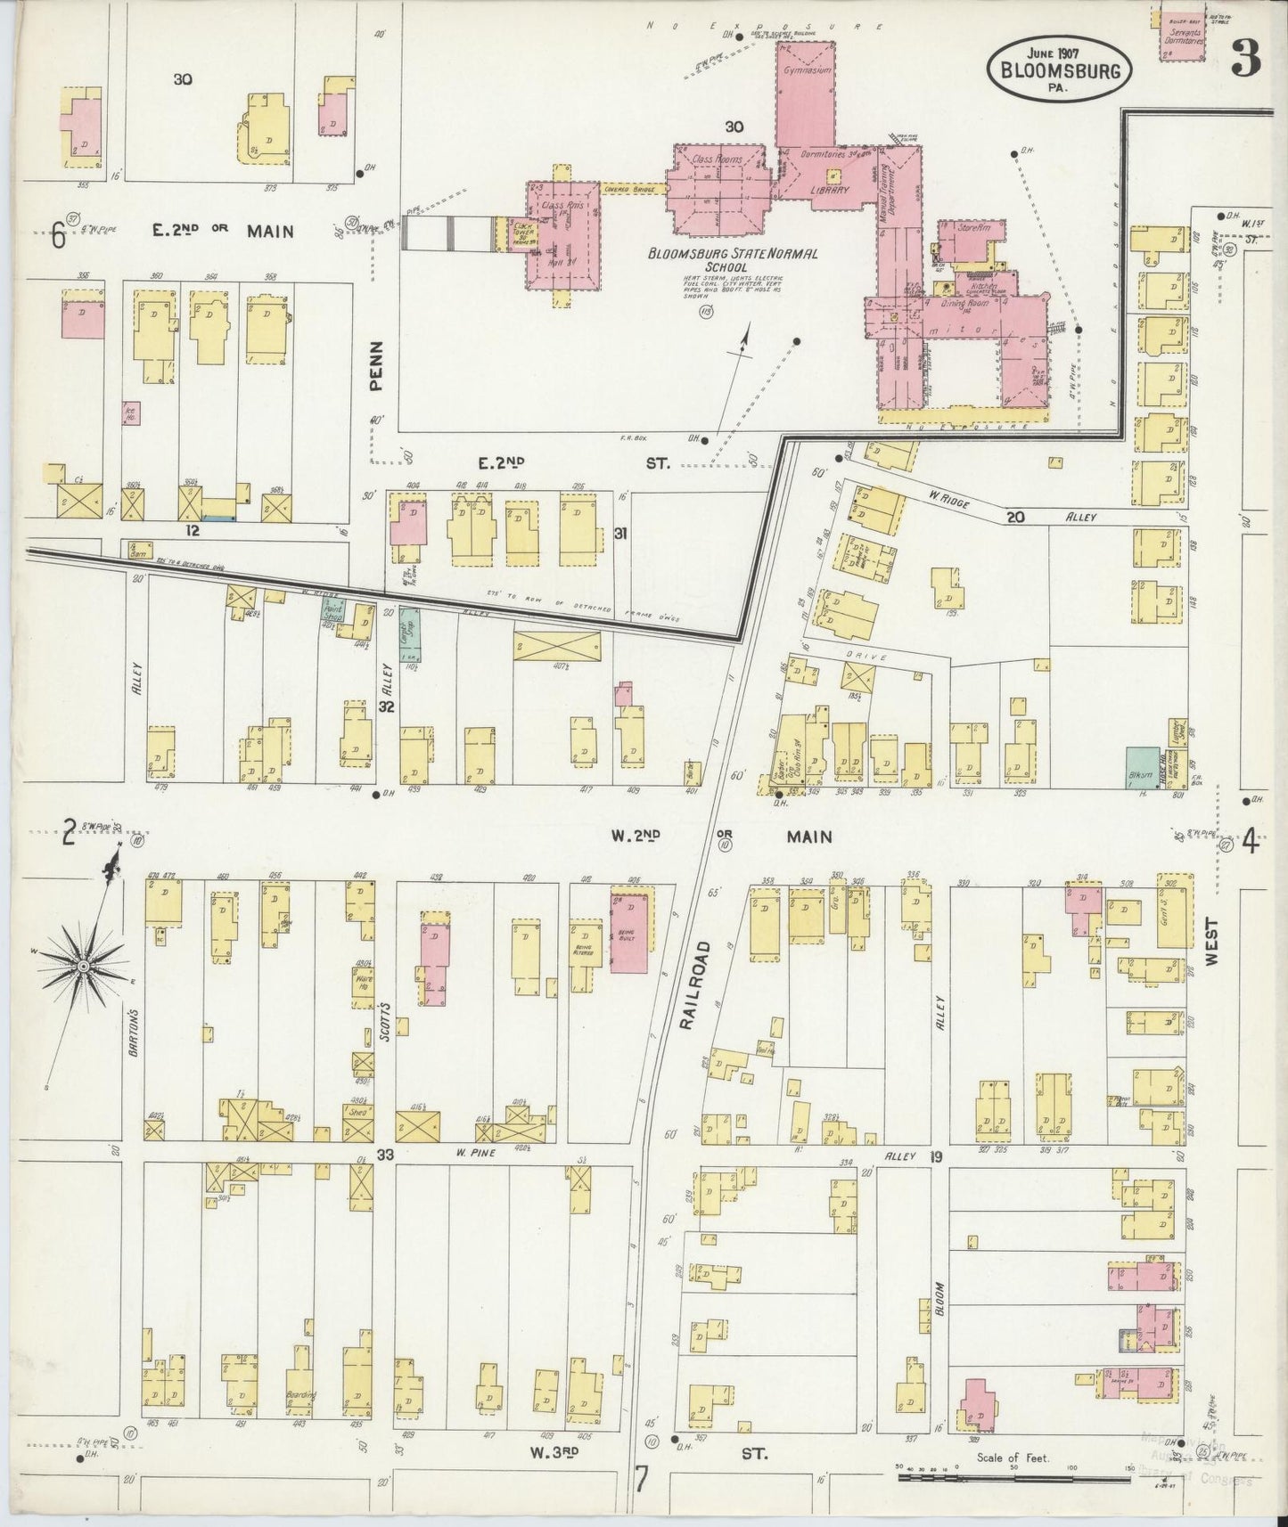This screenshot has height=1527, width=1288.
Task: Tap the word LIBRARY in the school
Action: pos(828,190)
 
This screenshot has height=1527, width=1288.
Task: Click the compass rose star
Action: pos(83,967)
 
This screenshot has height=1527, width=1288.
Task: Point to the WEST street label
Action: pos(1210,944)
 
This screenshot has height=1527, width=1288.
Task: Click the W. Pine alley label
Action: pos(475,1154)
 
